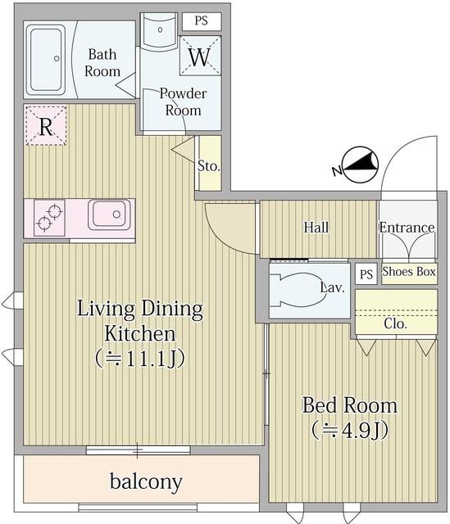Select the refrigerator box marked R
point(46,127)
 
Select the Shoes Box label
point(408,272)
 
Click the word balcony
point(146,481)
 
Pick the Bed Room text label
point(350,404)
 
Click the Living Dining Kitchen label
point(139,321)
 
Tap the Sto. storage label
point(209,166)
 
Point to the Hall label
point(316,227)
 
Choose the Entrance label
point(407,228)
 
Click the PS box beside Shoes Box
point(366,274)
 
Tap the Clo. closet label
point(396,323)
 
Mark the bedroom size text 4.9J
point(350,428)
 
